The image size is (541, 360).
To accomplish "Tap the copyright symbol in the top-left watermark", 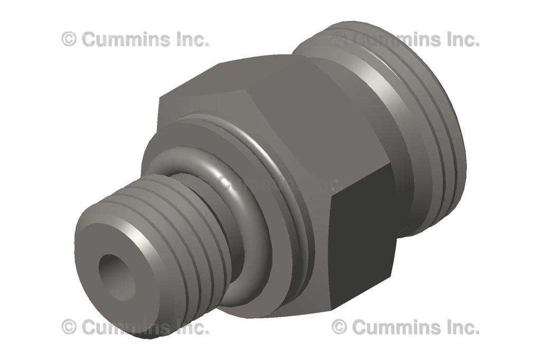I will [x=69, y=39].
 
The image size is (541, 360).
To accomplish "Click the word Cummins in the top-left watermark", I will [x=126, y=39].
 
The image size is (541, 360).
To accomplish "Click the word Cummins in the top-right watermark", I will [x=396, y=39].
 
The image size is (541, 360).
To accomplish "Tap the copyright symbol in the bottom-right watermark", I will [x=339, y=327].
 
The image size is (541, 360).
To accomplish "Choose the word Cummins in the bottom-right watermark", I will [x=396, y=327].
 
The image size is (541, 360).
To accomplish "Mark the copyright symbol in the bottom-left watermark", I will [x=69, y=327].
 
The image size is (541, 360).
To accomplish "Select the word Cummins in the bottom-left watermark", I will [x=126, y=327].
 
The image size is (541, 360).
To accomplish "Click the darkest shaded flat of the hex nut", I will [x=362, y=238].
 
